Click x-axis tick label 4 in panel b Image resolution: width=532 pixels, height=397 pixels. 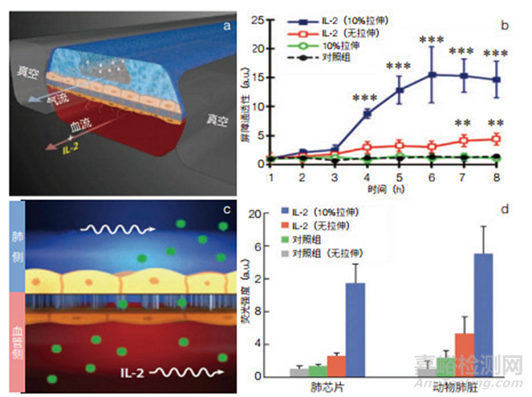[366, 177]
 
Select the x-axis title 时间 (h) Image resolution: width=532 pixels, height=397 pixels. [399, 189]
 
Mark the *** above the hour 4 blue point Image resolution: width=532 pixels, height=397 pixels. [366, 98]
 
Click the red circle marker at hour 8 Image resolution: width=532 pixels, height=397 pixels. [495, 139]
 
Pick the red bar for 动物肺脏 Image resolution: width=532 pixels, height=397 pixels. [464, 355]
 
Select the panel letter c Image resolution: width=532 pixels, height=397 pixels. [226, 209]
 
